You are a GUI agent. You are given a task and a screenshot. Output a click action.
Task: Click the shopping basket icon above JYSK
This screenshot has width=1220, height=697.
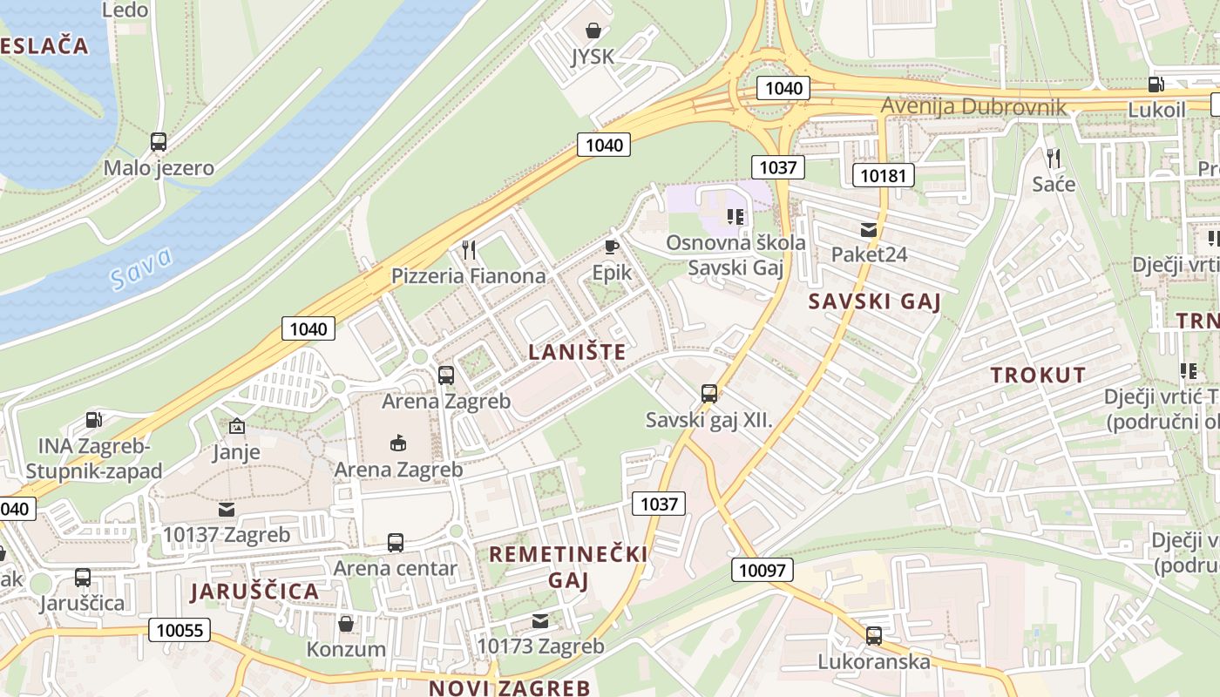[593, 31]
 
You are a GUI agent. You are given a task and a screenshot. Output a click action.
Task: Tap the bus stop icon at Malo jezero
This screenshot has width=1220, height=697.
[158, 141]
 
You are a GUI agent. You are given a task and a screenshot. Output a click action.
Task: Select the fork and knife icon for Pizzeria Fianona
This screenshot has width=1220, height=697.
[469, 250]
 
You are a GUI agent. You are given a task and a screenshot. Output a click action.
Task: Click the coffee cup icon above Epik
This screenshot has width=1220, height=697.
[612, 247]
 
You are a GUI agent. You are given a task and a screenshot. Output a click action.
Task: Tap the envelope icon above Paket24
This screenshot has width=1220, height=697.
[868, 230]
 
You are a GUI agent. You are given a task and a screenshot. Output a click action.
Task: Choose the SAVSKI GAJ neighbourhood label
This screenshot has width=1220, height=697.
[875, 301]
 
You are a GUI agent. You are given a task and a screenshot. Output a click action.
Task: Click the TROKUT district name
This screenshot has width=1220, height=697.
[1038, 376]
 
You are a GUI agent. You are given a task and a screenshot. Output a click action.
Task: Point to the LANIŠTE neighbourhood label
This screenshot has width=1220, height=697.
[577, 352]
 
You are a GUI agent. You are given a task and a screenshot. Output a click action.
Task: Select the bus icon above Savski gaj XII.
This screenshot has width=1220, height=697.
[709, 394]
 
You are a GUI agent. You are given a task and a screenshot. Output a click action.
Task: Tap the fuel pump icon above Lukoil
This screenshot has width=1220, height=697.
[1156, 85]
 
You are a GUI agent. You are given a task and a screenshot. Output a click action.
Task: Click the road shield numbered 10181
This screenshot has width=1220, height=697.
[884, 175]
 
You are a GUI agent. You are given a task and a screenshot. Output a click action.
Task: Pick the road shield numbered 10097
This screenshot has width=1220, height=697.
[762, 571]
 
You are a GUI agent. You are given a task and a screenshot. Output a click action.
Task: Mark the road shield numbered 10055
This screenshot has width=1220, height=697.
[180, 630]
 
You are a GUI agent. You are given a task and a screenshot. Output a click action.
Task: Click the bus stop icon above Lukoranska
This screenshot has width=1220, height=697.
[874, 636]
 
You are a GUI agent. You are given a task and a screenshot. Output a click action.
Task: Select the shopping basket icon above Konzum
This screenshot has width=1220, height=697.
[346, 624]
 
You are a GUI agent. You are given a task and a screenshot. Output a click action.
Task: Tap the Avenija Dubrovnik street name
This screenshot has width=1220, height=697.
[973, 106]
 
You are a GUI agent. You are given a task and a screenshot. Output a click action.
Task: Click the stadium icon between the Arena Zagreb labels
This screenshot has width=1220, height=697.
[398, 443]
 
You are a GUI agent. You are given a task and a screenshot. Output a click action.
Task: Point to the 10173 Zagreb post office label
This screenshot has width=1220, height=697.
[540, 646]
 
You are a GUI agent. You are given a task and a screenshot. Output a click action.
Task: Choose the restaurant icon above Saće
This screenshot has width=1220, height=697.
[1054, 159]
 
